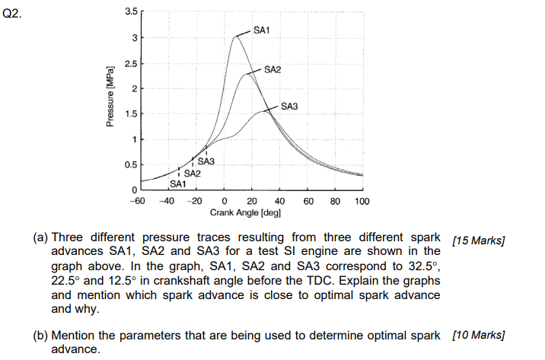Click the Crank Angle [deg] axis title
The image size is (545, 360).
point(246,213)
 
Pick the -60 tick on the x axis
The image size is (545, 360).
point(137,201)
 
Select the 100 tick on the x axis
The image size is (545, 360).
point(362,201)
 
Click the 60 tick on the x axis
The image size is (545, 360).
point(308,201)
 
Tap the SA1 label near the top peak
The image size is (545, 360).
point(262,30)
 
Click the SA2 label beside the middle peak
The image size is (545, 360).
point(272,69)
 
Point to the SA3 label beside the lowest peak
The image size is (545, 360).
point(289,106)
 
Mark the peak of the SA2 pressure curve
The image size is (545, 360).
point(248,74)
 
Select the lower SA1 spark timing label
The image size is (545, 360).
point(177,183)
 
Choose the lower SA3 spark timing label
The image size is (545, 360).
point(206,161)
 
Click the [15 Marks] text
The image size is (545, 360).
point(479,241)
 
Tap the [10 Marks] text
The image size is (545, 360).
point(479,335)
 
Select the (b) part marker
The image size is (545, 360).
point(41,335)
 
